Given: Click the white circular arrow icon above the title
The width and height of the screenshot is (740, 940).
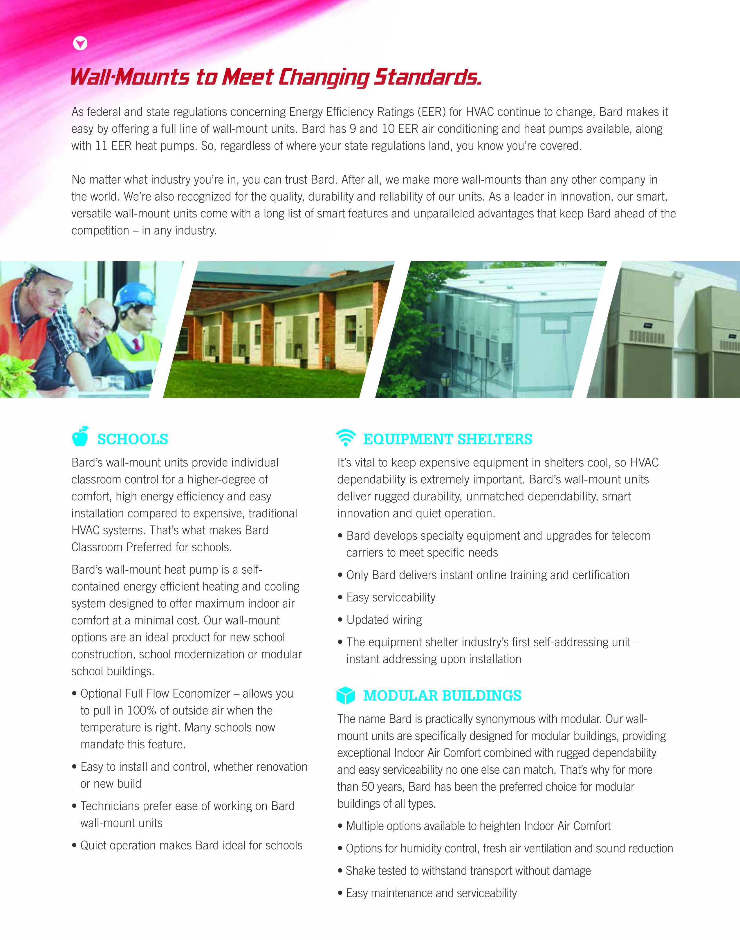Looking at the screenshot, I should tap(80, 43).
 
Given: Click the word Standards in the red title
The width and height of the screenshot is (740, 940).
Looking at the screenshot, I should tap(427, 77).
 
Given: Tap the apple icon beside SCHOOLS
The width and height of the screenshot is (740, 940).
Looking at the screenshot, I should tap(80, 436).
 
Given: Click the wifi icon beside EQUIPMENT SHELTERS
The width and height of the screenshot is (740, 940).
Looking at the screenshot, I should tap(346, 437).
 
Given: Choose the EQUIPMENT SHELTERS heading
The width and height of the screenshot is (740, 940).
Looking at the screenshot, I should tap(447, 439).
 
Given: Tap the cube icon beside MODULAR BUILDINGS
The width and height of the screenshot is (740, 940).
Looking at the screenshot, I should tap(346, 695).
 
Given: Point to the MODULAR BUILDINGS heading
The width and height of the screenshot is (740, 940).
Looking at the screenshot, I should tap(442, 696).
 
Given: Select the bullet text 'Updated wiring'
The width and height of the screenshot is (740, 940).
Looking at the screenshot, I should tap(384, 620).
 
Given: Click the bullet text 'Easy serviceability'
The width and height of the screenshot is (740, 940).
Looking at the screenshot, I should tap(391, 597).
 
